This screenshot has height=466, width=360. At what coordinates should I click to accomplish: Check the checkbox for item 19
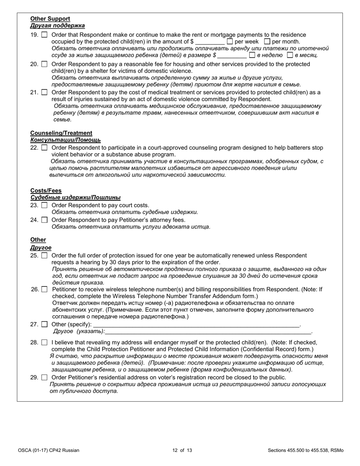(44, 35)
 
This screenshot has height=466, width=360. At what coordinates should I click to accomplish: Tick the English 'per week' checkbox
(230, 42)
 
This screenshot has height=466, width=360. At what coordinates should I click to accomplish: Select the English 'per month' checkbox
(267, 42)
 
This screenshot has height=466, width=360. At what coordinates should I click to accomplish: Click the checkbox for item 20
(44, 64)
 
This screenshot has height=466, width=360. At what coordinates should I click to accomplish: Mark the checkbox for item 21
(44, 92)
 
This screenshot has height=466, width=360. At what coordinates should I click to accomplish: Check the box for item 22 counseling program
(44, 148)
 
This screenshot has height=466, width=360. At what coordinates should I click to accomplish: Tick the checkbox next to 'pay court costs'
(44, 205)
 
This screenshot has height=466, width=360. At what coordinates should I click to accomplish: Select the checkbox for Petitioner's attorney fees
(44, 220)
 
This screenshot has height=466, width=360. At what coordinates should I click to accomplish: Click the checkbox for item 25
(44, 256)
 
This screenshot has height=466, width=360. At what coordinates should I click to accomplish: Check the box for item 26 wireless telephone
(44, 289)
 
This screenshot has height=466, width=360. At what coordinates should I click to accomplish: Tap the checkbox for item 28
(44, 342)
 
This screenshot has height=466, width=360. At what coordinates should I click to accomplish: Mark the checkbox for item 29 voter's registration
(44, 377)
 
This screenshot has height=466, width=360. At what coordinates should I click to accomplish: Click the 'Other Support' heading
(50, 19)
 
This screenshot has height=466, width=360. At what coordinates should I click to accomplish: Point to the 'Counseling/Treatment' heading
(61, 133)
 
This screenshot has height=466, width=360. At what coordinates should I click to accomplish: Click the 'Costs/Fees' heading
(46, 191)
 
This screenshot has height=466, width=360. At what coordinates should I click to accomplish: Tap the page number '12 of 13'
(182, 450)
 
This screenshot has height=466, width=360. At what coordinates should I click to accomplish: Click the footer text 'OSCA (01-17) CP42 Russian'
(49, 450)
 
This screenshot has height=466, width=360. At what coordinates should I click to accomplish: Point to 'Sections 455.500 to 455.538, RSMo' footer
(305, 450)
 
